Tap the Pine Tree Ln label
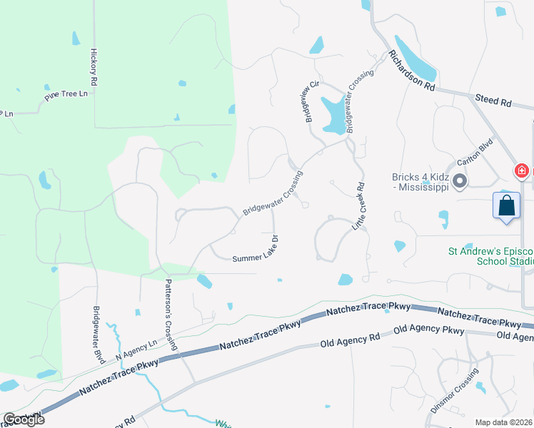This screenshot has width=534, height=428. (66, 94)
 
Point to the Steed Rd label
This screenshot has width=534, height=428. (493, 101)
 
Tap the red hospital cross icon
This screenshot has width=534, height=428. (522, 171)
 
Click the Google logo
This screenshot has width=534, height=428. (24, 419)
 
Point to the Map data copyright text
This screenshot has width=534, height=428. (504, 422)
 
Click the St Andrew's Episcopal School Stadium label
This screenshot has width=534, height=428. (490, 255)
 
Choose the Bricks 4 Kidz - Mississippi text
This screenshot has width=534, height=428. (421, 182)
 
